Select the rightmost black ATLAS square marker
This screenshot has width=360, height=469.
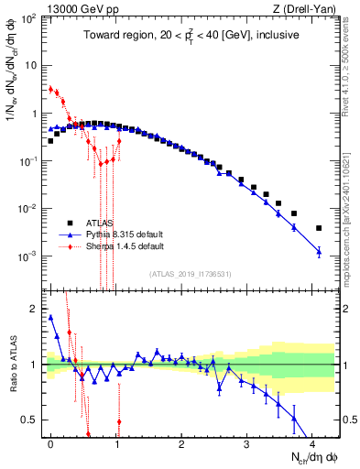319,228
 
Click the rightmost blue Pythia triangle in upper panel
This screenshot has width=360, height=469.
319,251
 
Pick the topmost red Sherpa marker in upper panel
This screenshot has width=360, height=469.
50,89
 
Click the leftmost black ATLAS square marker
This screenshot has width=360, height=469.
50,141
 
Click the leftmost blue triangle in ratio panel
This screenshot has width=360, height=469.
50,317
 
